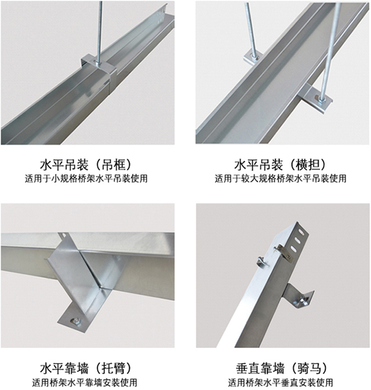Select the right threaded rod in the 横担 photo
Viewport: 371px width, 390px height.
tap(333, 41)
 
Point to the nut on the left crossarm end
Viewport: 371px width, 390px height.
tap(253, 57)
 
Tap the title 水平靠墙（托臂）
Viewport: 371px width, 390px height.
tap(87, 369)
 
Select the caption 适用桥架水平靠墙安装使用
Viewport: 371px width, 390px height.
tap(87, 384)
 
